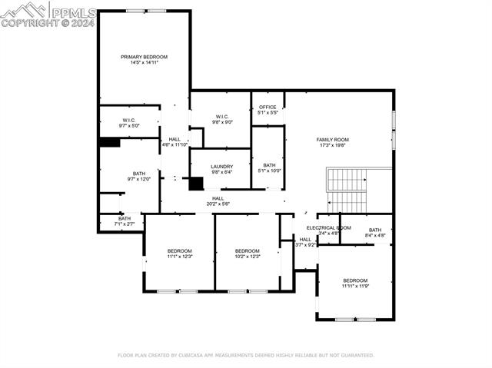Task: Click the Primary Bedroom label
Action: coord(144,57)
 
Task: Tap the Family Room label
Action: coord(332,139)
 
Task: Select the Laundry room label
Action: coord(221,166)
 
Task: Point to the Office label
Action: coord(268,107)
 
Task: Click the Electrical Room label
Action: coord(328,228)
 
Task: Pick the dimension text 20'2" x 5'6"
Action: coord(218,204)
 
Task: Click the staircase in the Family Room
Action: coord(348,190)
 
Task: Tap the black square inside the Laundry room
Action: coord(196,184)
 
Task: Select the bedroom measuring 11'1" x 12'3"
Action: coord(179,254)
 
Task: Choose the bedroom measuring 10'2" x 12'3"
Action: coord(248,254)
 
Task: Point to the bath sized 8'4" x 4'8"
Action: coord(374,233)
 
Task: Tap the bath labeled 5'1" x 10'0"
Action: coord(269,167)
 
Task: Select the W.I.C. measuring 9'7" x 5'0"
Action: coord(129,122)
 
